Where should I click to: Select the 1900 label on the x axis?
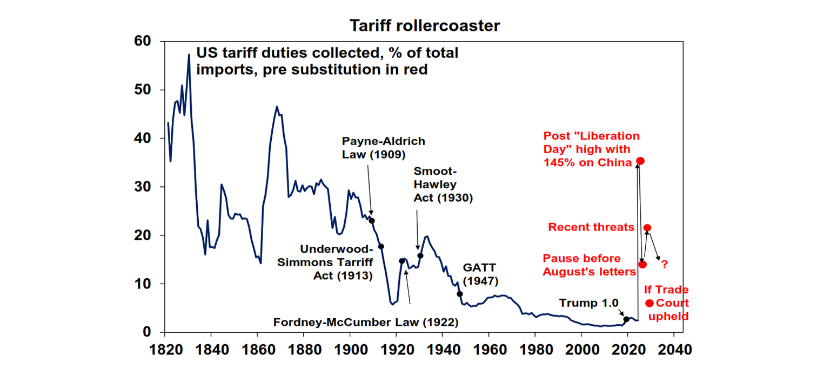[350, 349]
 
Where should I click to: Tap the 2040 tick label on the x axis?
[674, 349]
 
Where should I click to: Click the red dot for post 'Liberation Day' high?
[640, 161]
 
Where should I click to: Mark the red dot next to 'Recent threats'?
[647, 228]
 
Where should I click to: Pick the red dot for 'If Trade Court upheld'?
[649, 303]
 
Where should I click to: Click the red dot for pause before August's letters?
[642, 264]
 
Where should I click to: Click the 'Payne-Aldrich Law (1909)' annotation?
[383, 148]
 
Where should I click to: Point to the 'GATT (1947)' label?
[480, 274]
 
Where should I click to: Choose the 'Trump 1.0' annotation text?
[588, 303]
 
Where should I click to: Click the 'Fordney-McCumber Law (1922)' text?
[366, 323]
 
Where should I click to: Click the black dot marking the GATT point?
[460, 294]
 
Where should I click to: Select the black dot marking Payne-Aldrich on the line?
[371, 220]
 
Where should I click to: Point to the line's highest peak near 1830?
[189, 54]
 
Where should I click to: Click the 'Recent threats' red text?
[591, 227]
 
